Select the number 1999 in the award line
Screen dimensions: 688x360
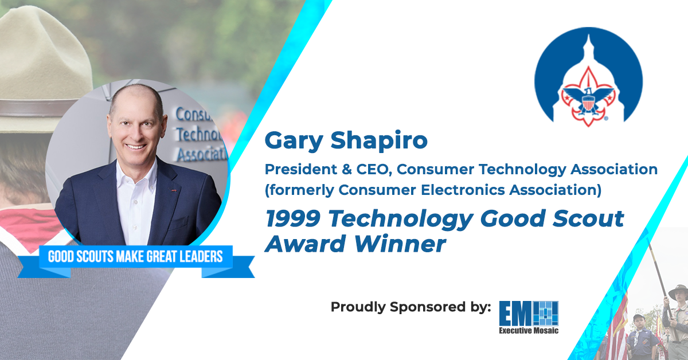293,218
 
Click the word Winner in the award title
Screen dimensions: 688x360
400,244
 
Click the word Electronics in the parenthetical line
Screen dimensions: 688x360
463,190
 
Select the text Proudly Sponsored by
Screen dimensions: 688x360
411,307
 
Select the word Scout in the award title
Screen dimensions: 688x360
588,218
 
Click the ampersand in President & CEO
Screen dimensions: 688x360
346,170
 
